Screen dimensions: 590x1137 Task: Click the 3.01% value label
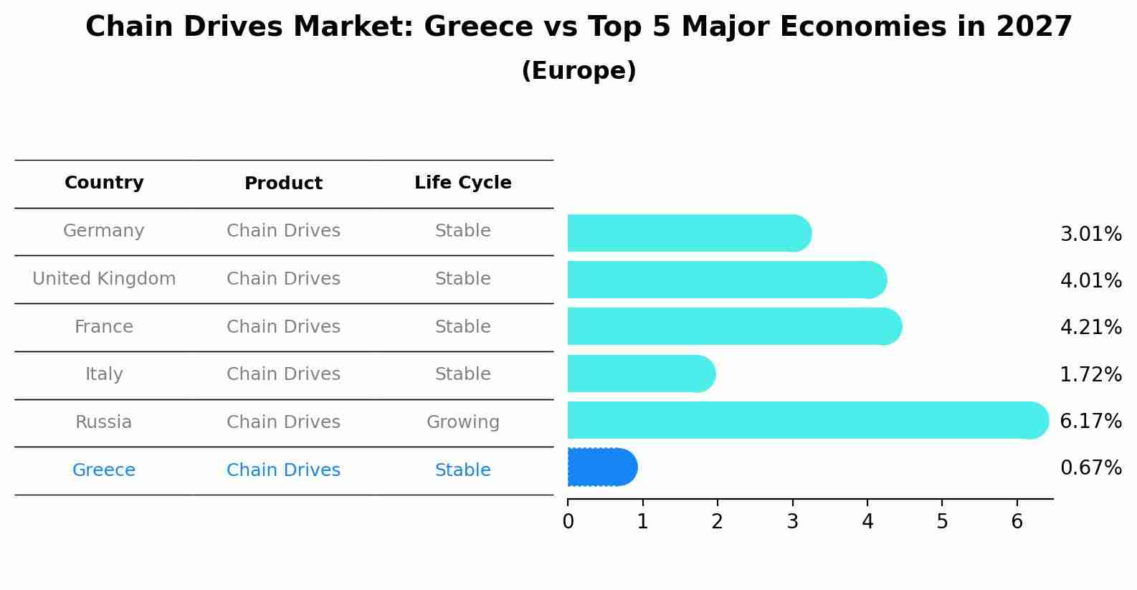(1090, 234)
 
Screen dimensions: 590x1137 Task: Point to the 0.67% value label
(1090, 468)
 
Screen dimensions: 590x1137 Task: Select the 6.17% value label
(1090, 421)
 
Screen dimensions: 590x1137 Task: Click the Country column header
(104, 183)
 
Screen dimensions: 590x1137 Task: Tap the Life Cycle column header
(462, 183)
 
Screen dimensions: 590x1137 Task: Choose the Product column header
(283, 184)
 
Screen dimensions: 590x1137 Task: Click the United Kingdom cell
(104, 279)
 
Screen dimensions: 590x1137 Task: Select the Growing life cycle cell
(462, 422)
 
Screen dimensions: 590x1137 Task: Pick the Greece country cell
(104, 470)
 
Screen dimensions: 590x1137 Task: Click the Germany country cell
(104, 231)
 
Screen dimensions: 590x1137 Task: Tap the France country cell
(104, 327)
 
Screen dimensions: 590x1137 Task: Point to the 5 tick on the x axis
(942, 521)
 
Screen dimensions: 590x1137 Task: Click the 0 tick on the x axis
(568, 521)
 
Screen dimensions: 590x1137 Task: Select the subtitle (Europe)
(579, 71)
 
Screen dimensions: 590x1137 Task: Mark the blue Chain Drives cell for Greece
(283, 470)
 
